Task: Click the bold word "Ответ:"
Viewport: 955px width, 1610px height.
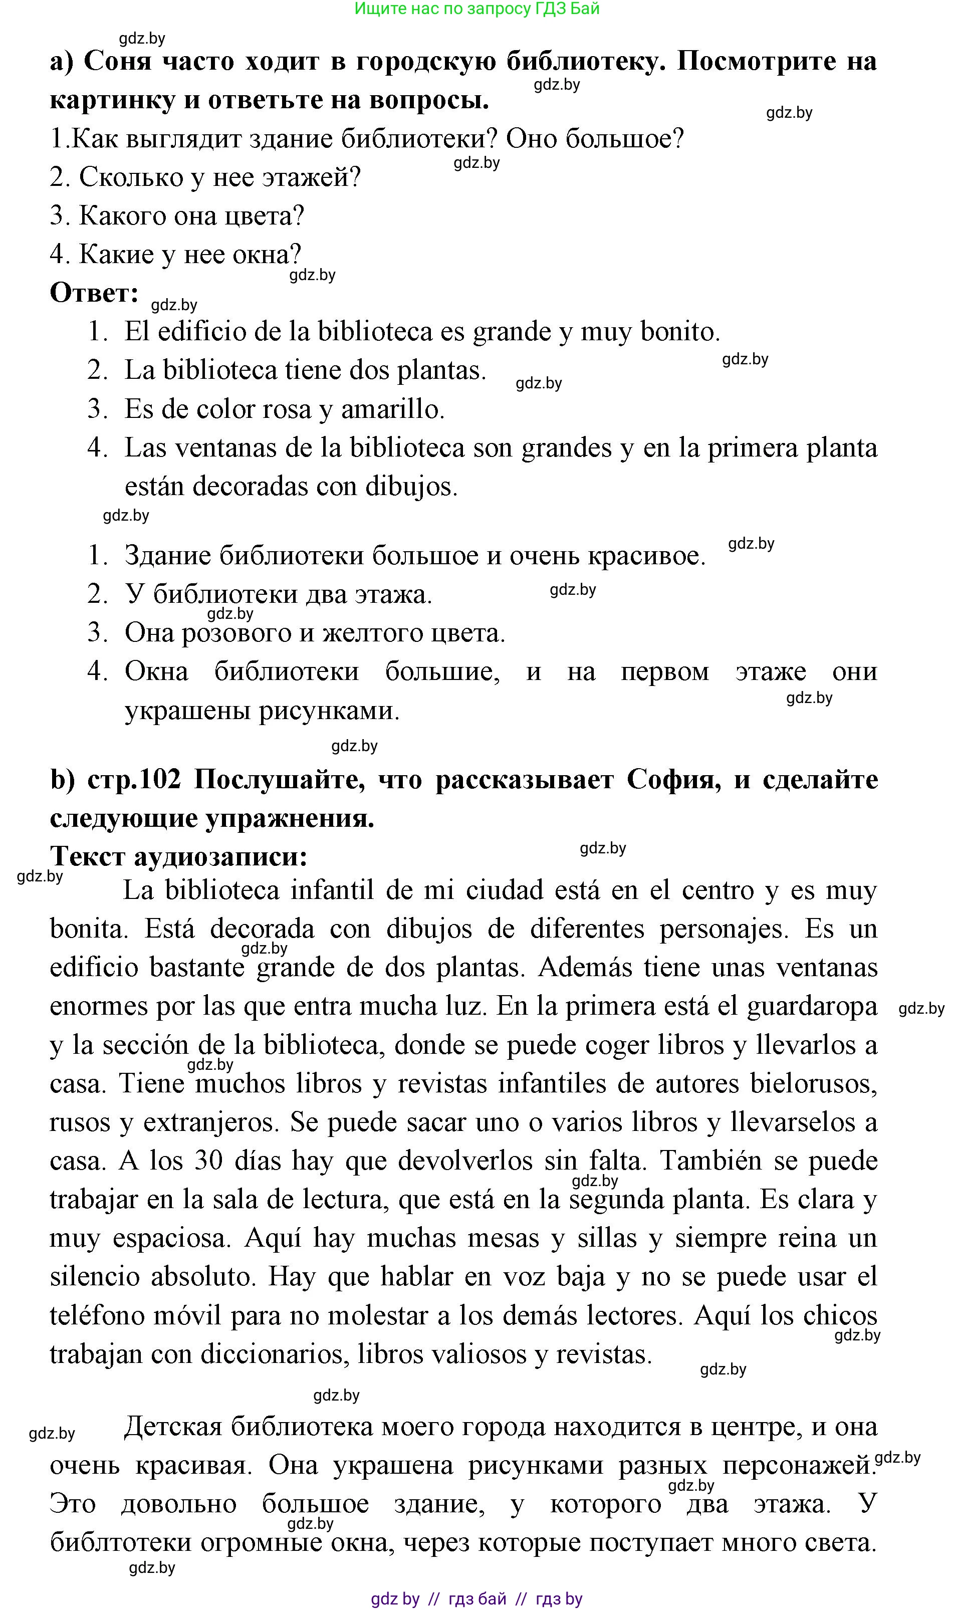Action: (94, 294)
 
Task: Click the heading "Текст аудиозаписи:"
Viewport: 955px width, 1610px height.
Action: (179, 856)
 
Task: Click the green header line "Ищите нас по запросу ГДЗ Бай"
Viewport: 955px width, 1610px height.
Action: (477, 9)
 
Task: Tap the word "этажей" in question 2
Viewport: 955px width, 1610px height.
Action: (310, 177)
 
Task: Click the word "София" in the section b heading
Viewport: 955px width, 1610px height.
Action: (673, 780)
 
